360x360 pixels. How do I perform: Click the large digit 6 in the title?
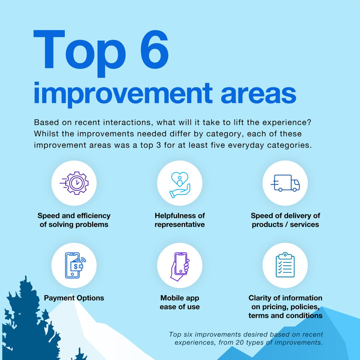coord(154,50)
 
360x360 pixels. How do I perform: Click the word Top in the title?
coord(80,54)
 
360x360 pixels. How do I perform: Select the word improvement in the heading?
coord(123,94)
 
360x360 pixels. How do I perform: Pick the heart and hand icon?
coord(180,185)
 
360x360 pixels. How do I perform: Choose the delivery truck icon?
coord(285,183)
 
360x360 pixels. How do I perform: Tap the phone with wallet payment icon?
coord(75,265)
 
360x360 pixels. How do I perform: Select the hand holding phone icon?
coord(180,266)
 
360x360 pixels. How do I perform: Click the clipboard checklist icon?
coord(285,265)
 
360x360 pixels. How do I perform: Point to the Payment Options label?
coord(74,298)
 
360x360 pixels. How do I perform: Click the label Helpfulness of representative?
coord(180,220)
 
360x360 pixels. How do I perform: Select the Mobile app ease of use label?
coord(180,302)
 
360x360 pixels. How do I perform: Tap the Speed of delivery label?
coord(285,220)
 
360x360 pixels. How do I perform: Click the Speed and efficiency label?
coord(74,220)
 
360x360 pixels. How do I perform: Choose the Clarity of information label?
coord(285,307)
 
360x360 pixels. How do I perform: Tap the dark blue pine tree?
coord(30,322)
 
